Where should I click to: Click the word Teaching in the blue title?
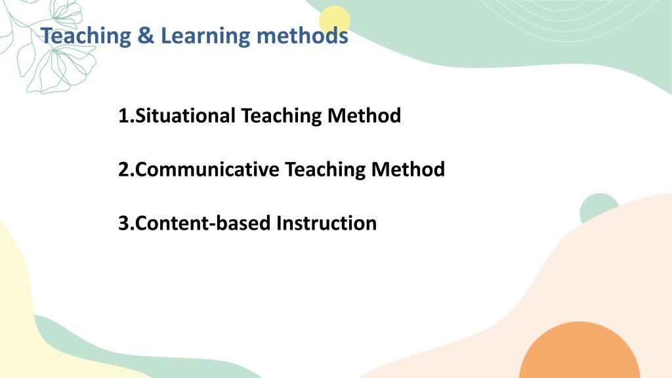[86, 36]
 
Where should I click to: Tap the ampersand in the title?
[146, 35]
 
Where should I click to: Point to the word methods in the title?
[302, 35]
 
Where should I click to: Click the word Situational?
[185, 115]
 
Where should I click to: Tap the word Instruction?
[327, 223]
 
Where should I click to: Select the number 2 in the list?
[124, 169]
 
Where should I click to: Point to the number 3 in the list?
[124, 223]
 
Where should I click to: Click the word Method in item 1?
[364, 115]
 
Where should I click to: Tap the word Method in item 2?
[408, 169]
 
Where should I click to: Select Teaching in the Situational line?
[281, 116]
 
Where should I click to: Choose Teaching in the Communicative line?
[325, 170]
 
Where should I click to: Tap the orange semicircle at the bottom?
[579, 352]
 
